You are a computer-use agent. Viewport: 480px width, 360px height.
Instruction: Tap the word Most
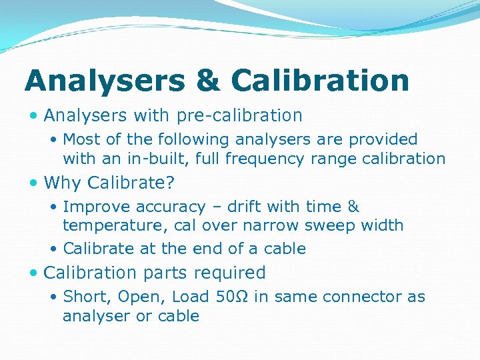click(82, 140)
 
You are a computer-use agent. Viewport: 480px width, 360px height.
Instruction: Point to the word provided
click(381, 140)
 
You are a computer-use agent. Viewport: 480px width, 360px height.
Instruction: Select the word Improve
click(94, 207)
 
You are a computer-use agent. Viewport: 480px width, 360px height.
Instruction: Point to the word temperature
click(106, 226)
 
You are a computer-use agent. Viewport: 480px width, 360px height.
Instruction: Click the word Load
click(191, 297)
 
